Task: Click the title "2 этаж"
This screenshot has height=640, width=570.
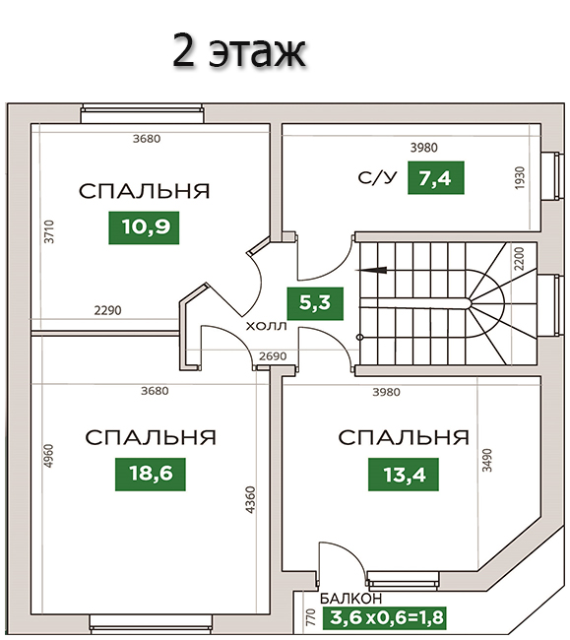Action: pyautogui.click(x=238, y=51)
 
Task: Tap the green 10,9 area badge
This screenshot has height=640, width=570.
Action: pyautogui.click(x=144, y=227)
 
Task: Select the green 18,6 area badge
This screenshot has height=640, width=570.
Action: pyautogui.click(x=151, y=474)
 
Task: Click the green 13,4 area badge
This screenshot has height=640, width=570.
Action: pyautogui.click(x=404, y=474)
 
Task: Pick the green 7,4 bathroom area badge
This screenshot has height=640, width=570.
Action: pyautogui.click(x=436, y=177)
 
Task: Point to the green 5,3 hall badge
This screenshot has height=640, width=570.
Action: pyautogui.click(x=315, y=303)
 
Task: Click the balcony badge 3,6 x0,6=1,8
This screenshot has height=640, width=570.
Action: pyautogui.click(x=384, y=618)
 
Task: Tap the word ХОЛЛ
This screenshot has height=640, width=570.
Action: pyautogui.click(x=267, y=326)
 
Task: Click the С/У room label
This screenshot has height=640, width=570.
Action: pyautogui.click(x=377, y=178)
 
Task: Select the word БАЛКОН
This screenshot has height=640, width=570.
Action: pyautogui.click(x=350, y=599)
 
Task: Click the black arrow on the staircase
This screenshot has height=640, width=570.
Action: pyautogui.click(x=371, y=270)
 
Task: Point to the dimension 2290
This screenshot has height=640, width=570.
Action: pyautogui.click(x=107, y=310)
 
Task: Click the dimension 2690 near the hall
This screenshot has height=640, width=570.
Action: pyautogui.click(x=273, y=356)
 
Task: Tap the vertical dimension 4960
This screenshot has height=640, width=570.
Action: pyautogui.click(x=48, y=456)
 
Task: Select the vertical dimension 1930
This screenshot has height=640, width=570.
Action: pyautogui.click(x=520, y=178)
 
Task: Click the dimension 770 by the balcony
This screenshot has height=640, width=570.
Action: pyautogui.click(x=311, y=617)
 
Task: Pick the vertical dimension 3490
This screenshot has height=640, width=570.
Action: pyautogui.click(x=487, y=461)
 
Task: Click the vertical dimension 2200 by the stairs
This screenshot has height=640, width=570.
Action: pyautogui.click(x=519, y=258)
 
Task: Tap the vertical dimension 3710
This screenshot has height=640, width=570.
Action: pyautogui.click(x=49, y=231)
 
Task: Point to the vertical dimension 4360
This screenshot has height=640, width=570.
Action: pyautogui.click(x=250, y=499)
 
